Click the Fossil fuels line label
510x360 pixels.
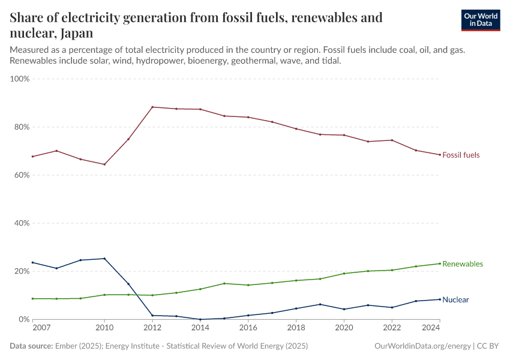[x=461, y=155]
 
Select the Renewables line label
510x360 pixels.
[x=462, y=264]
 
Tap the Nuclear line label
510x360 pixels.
[x=455, y=300]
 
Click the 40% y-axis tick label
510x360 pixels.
[x=22, y=223]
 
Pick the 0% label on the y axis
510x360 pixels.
[x=24, y=319]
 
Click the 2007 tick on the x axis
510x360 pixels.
[x=41, y=328]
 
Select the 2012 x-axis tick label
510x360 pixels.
[x=152, y=328]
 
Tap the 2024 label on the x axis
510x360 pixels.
[x=431, y=328]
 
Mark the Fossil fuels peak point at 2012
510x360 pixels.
[x=152, y=107]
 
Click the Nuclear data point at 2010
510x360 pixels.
[x=104, y=259]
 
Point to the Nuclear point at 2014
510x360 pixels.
[x=200, y=319]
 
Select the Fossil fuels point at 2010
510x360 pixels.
[x=104, y=164]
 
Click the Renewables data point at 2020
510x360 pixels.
[x=344, y=274]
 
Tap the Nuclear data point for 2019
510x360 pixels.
[x=320, y=304]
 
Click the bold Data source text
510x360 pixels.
[x=31, y=346]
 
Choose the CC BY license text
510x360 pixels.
[x=488, y=346]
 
